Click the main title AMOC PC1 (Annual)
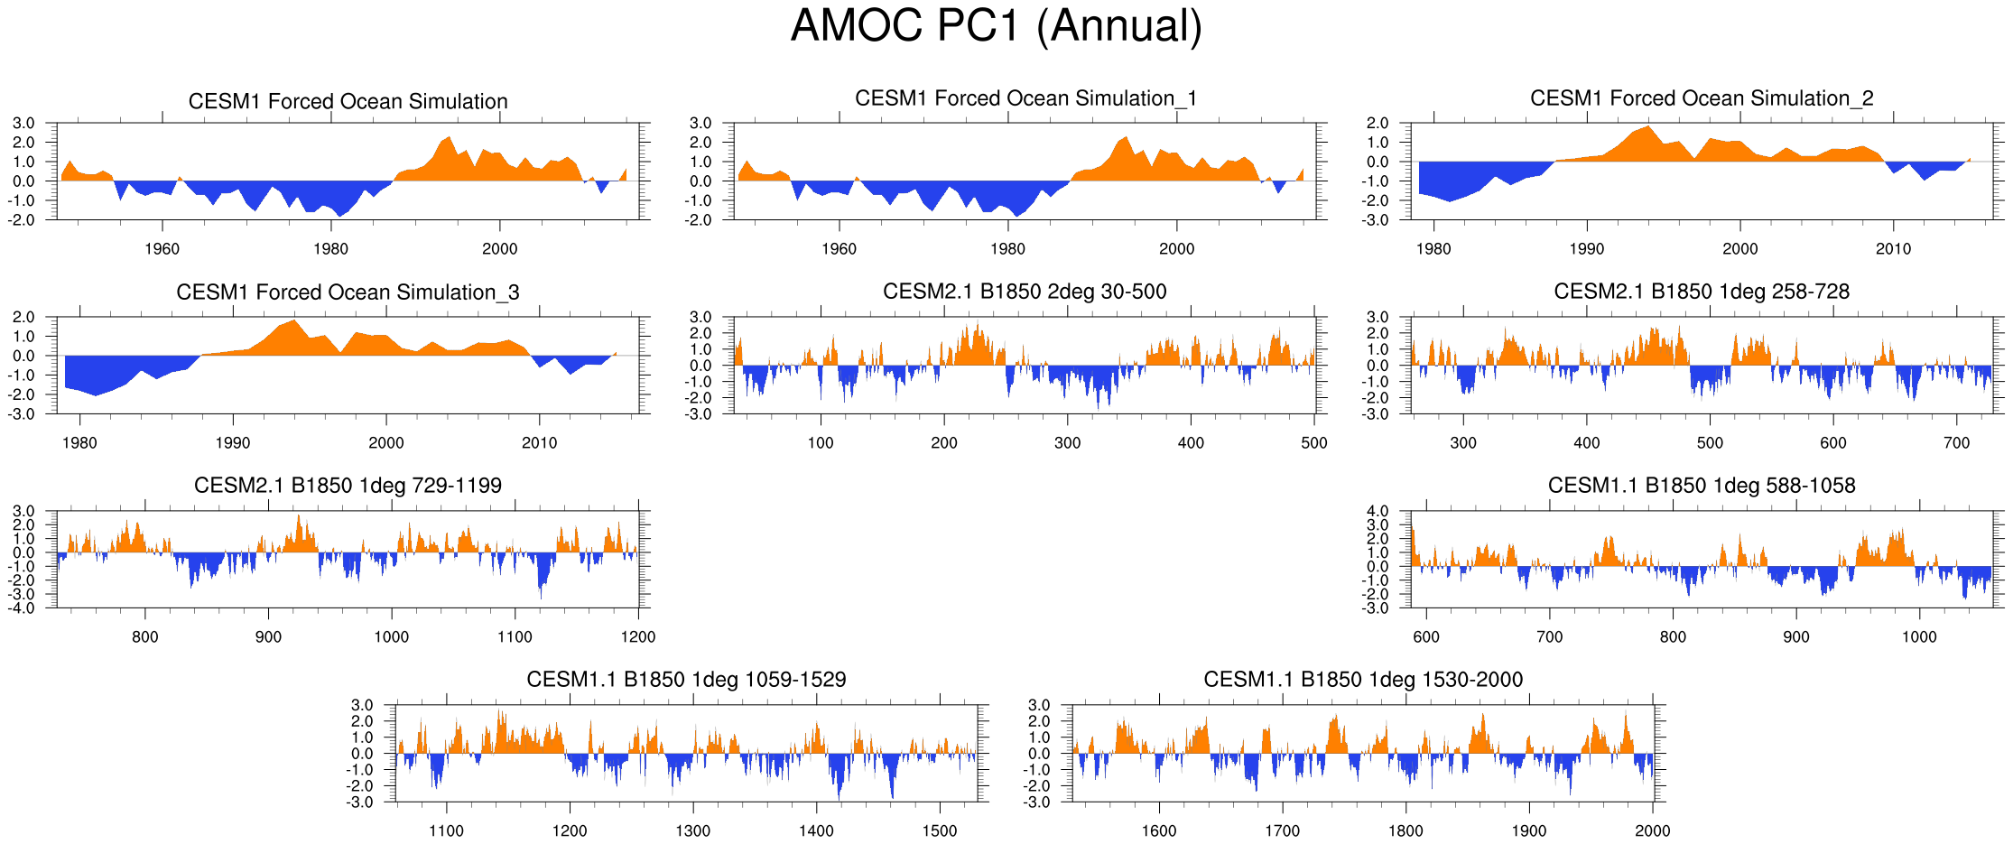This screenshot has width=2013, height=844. pyautogui.click(x=997, y=25)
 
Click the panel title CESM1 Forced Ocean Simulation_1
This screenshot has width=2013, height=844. pyautogui.click(x=1025, y=98)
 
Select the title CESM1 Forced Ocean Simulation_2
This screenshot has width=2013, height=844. pyautogui.click(x=1702, y=98)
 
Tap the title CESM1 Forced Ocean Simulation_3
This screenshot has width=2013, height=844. pyautogui.click(x=348, y=292)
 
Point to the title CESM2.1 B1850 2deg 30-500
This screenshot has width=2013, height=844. pyautogui.click(x=1025, y=292)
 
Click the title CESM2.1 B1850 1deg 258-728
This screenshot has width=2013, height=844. pyautogui.click(x=1702, y=292)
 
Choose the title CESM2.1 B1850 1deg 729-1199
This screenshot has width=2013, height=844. pyautogui.click(x=348, y=486)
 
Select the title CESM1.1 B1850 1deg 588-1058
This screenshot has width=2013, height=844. pyautogui.click(x=1702, y=486)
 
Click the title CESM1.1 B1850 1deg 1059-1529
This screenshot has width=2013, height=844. pyautogui.click(x=686, y=680)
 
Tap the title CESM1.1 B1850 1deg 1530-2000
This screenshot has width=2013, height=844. pyautogui.click(x=1363, y=680)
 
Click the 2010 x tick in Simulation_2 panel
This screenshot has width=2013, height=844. pyautogui.click(x=1893, y=249)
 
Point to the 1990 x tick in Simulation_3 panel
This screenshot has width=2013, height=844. pyautogui.click(x=233, y=443)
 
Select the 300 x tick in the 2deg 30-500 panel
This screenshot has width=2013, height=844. pyautogui.click(x=1067, y=443)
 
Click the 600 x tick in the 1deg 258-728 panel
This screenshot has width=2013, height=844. pyautogui.click(x=1833, y=443)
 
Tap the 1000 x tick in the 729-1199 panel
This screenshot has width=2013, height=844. pyautogui.click(x=391, y=637)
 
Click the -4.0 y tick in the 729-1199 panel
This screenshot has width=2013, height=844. pyautogui.click(x=23, y=608)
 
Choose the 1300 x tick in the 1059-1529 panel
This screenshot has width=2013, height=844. pyautogui.click(x=692, y=831)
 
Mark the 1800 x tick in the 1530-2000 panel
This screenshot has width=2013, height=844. pyautogui.click(x=1405, y=831)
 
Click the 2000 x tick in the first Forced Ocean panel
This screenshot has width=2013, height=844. pyautogui.click(x=499, y=249)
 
